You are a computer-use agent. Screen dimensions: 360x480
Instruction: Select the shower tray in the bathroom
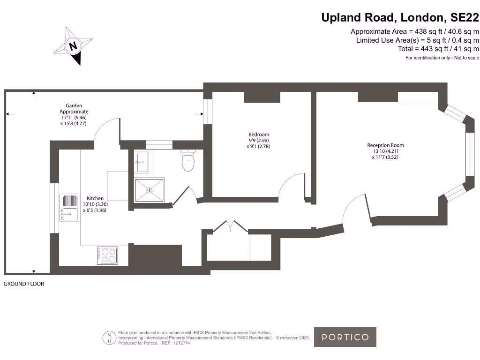tap(150, 189)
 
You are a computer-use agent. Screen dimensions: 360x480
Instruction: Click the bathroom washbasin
tap(142, 162)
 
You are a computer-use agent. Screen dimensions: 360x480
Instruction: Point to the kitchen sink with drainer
tap(68, 207)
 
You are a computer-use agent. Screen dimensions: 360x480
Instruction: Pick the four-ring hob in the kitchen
tap(107, 255)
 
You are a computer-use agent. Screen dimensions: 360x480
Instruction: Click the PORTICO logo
tap(345, 337)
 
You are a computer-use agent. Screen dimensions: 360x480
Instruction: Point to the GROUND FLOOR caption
tap(24, 284)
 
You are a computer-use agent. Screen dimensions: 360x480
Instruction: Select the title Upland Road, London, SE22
tap(400, 18)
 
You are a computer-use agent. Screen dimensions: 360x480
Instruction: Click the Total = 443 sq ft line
tap(431, 49)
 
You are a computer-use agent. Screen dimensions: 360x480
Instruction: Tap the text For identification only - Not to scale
tap(442, 58)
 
